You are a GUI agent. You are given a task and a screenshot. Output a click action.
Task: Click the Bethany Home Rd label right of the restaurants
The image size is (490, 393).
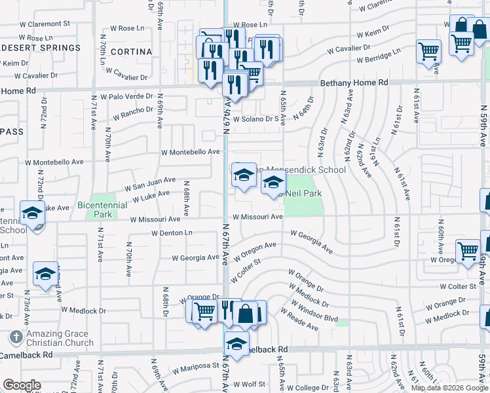(354, 83)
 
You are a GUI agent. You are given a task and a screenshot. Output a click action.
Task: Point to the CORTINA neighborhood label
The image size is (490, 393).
(131, 51)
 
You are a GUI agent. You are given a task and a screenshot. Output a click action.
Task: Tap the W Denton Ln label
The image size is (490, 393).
(172, 233)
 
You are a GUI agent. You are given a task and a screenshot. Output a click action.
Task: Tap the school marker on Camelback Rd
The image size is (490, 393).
(236, 343)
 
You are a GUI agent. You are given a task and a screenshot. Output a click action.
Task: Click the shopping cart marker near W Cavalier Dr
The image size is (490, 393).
(428, 51)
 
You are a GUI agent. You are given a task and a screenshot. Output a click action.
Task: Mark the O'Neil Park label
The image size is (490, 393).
(303, 194)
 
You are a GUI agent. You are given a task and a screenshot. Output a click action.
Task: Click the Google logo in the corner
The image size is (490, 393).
(22, 385)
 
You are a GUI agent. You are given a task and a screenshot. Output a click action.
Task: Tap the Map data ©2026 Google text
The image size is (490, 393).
(449, 388)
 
